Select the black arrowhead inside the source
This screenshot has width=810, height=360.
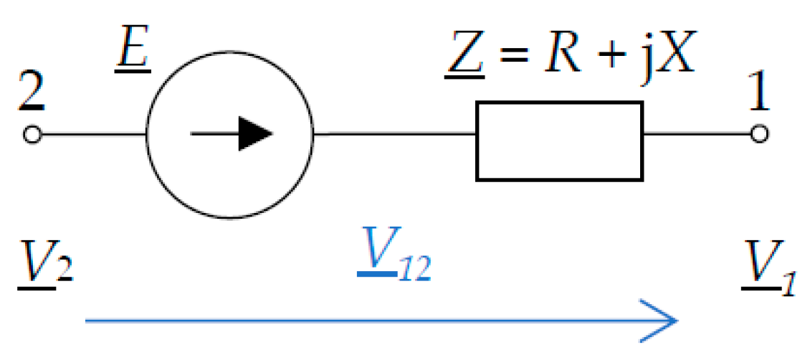[255, 134]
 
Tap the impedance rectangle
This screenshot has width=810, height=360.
[559, 140]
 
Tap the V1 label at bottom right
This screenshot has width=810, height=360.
[767, 270]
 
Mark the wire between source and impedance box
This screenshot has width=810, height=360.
[394, 134]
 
